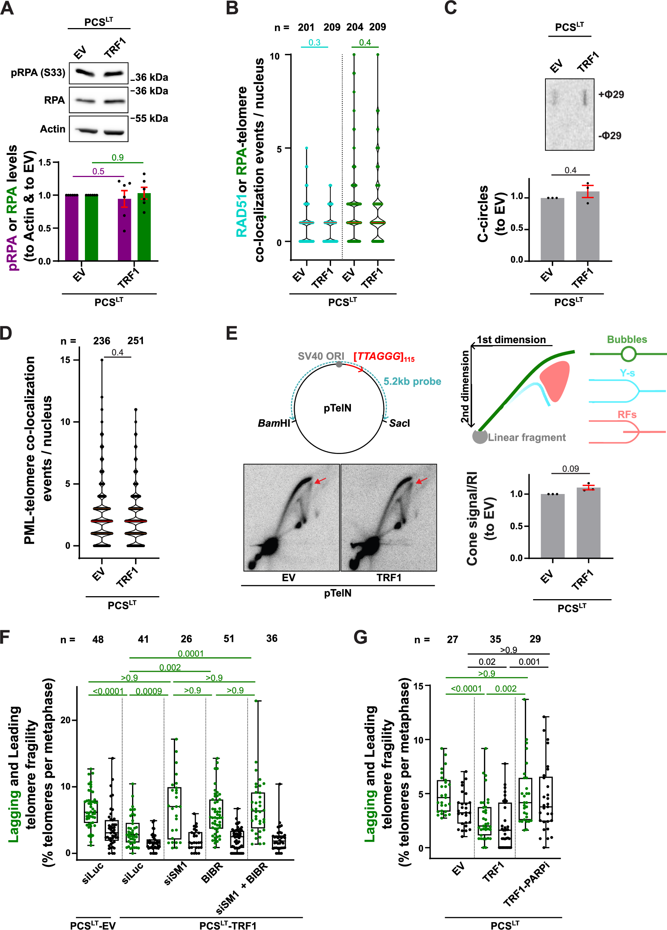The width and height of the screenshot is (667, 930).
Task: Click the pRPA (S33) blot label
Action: pyautogui.click(x=38, y=73)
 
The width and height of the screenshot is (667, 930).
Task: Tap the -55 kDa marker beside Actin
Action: pyautogui.click(x=150, y=119)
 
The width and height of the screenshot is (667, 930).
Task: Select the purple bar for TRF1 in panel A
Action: pyautogui.click(x=124, y=230)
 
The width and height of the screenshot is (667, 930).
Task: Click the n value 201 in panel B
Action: pyautogui.click(x=306, y=27)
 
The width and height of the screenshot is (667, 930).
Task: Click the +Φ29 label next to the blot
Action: pyautogui.click(x=611, y=94)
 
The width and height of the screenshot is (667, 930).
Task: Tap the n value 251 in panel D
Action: pyautogui.click(x=135, y=341)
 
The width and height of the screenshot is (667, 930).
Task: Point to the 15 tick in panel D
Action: pyautogui.click(x=65, y=360)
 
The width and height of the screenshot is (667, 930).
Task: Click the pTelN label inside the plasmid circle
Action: pyautogui.click(x=337, y=408)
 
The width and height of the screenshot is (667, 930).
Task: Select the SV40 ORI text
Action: pyautogui.click(x=321, y=356)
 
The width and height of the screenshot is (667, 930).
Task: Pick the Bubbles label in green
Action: pyautogui.click(x=627, y=339)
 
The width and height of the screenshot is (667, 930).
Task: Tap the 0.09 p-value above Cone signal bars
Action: pyautogui.click(x=570, y=469)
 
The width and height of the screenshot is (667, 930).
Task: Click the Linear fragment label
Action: pyautogui.click(x=526, y=437)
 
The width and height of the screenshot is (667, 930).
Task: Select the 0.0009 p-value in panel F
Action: pyautogui.click(x=149, y=691)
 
